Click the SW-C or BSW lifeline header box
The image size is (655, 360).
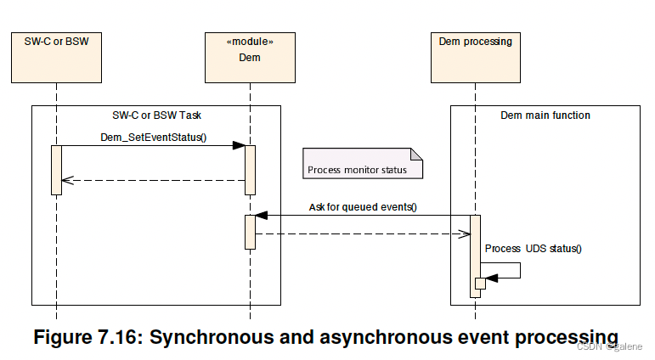click(55, 57)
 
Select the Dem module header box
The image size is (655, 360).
click(250, 57)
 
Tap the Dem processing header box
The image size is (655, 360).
click(475, 57)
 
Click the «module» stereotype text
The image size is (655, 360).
click(250, 41)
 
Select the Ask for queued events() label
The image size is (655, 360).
click(363, 207)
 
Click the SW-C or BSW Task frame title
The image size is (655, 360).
click(155, 115)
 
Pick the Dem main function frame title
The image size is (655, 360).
click(545, 115)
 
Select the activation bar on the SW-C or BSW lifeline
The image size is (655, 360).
click(56, 170)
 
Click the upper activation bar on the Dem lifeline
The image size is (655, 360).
click(250, 170)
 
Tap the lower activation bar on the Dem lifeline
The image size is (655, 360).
click(250, 232)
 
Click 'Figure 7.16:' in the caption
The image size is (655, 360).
click(87, 336)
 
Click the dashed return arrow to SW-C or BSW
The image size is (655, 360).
click(153, 180)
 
